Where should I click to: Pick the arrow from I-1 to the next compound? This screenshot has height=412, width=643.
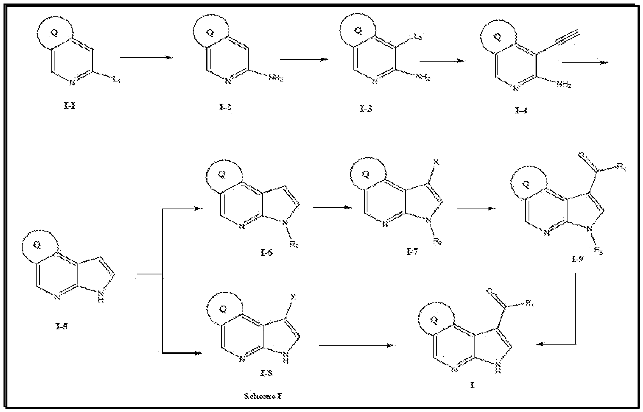tap(146, 58)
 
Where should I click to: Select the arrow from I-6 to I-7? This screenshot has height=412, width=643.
tap(332, 207)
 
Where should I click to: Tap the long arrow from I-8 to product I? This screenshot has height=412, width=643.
tap(357, 345)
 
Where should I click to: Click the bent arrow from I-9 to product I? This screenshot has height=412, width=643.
tap(575, 312)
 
